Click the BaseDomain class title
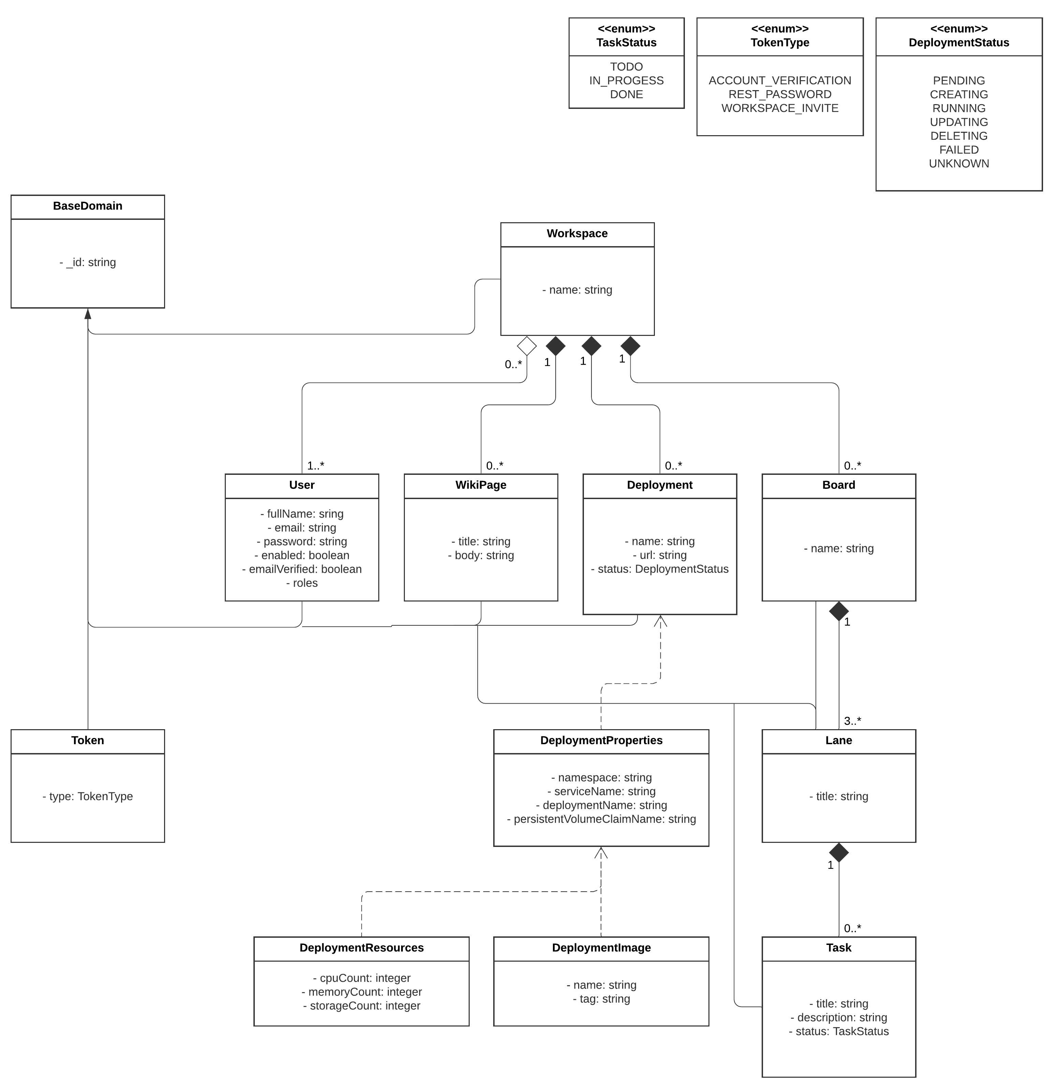(88, 206)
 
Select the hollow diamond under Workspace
(526, 346)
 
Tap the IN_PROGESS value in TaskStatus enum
(626, 81)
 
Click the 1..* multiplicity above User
(316, 466)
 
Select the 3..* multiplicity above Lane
(852, 721)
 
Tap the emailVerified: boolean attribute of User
(302, 569)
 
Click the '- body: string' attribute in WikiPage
(481, 555)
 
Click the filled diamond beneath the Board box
(839, 611)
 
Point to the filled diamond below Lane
(839, 852)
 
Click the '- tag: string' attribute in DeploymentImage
(601, 999)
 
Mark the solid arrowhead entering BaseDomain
(88, 314)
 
